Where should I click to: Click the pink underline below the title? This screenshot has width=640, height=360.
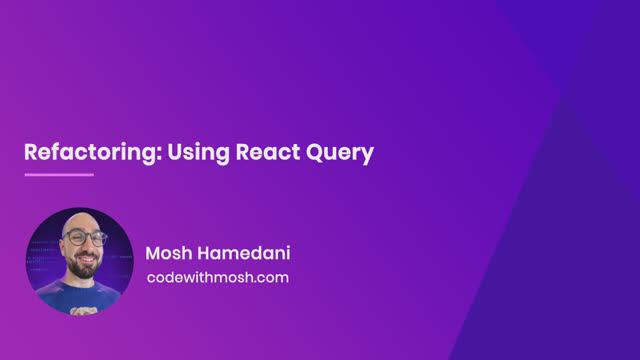click(x=58, y=175)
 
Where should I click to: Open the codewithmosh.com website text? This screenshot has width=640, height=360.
click(x=217, y=277)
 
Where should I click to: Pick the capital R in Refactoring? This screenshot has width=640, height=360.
click(x=30, y=153)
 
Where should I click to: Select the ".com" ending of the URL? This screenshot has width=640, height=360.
click(x=272, y=277)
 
